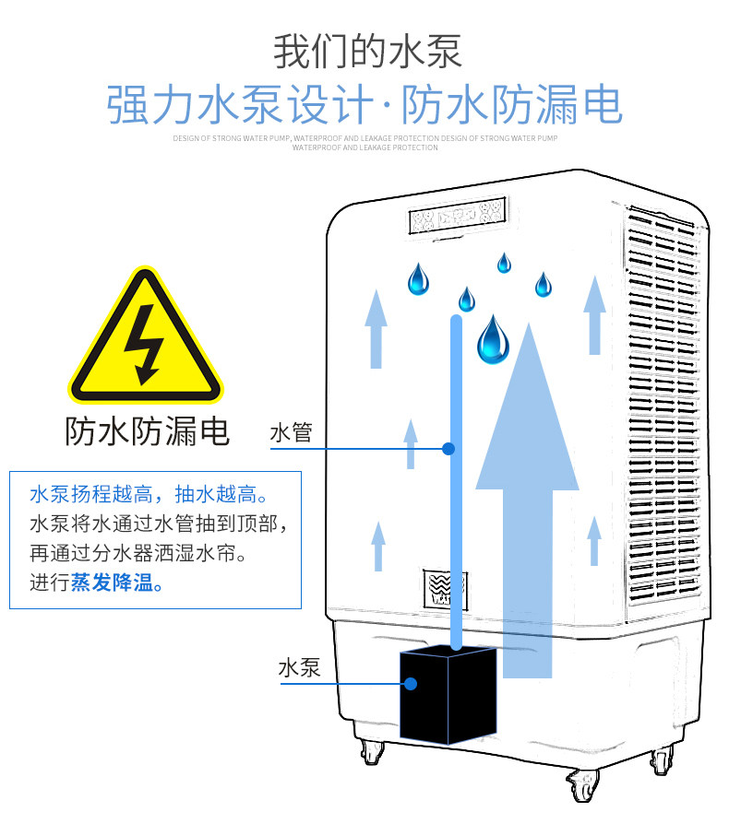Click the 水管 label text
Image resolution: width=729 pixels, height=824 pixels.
pyautogui.click(x=291, y=432)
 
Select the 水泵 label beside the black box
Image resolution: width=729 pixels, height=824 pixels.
pyautogui.click(x=299, y=667)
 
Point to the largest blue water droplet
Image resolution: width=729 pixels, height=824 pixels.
pyautogui.click(x=493, y=340)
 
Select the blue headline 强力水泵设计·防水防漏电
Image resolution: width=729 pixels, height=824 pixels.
pyautogui.click(x=364, y=106)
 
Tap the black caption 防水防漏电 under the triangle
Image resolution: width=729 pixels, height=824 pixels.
pyautogui.click(x=147, y=430)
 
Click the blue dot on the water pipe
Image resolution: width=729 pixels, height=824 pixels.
pyautogui.click(x=448, y=449)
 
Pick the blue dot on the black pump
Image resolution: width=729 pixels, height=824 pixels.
pyautogui.click(x=410, y=684)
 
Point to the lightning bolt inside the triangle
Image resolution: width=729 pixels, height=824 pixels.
pyautogui.click(x=145, y=345)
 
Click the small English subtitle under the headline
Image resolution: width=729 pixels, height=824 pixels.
pyautogui.click(x=364, y=142)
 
